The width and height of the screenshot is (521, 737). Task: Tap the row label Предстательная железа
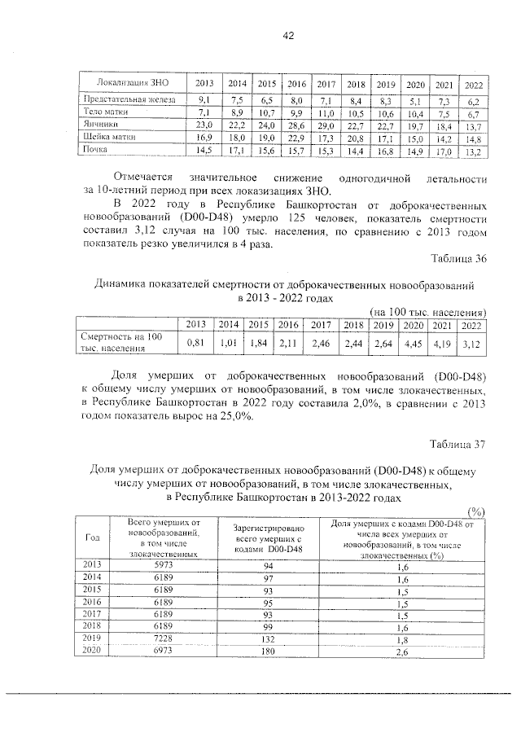pos(124,99)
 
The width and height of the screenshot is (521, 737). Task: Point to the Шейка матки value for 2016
pos(296,138)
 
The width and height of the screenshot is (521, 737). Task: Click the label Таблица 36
pos(459,260)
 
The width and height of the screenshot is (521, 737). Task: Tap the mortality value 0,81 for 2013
pos(195,344)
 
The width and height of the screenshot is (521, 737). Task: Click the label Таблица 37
pos(459,444)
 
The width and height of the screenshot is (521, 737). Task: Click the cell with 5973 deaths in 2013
pos(159,564)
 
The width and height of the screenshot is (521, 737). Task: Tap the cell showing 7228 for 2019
pos(159,640)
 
